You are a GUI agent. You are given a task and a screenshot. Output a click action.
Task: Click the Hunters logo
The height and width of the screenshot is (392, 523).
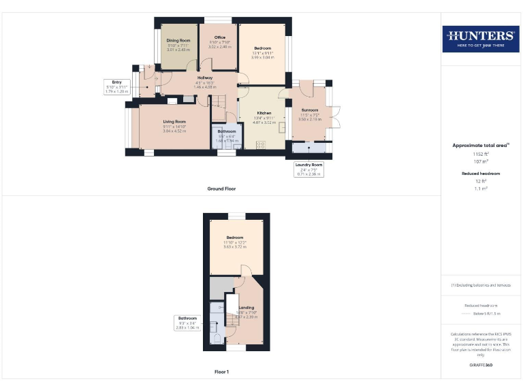480,39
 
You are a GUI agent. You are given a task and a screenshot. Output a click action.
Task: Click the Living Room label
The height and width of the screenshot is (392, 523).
174,125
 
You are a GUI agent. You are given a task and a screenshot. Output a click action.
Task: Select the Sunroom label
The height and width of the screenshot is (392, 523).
310,114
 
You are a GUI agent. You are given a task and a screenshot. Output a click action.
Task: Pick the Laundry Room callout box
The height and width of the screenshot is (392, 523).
308,169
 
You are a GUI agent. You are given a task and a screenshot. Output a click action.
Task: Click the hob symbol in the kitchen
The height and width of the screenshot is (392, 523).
260,144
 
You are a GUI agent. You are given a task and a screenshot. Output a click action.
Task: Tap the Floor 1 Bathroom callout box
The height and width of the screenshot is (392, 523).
187,323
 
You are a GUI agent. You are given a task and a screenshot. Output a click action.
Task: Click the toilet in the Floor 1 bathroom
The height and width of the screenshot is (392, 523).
216,338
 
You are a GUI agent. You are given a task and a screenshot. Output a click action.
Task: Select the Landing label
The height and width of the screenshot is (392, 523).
246,312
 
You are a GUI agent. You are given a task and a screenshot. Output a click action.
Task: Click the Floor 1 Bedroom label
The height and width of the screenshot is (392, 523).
234,242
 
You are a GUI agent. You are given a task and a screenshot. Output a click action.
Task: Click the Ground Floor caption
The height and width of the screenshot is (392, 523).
221,189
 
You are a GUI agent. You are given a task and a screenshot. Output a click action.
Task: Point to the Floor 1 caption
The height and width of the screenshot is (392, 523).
221,372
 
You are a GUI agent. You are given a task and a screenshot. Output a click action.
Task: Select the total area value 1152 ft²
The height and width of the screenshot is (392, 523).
481,154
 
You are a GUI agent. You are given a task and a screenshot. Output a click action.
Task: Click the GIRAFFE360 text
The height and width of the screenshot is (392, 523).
481,365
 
